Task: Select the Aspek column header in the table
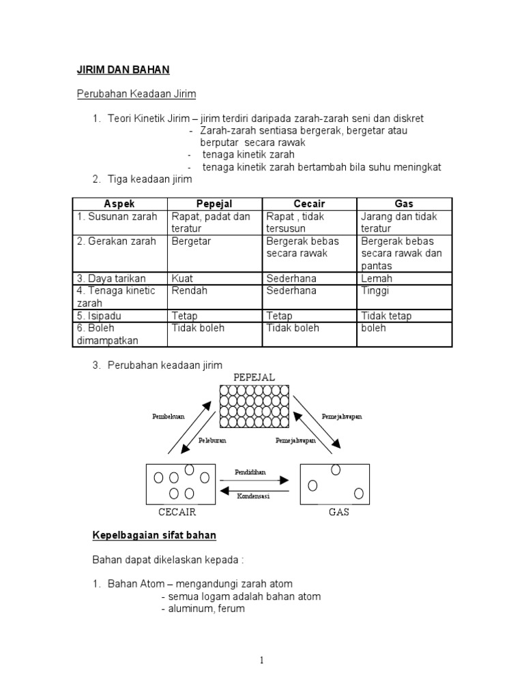click(x=120, y=204)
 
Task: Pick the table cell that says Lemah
click(x=377, y=279)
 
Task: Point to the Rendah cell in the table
click(x=189, y=291)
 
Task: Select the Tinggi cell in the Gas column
click(x=375, y=291)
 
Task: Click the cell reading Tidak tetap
click(x=386, y=316)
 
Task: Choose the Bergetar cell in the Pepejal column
click(x=192, y=241)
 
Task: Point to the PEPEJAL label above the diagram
click(x=254, y=377)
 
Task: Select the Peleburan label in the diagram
click(x=212, y=441)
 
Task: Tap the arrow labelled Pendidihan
click(x=254, y=481)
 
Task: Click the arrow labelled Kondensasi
click(x=254, y=490)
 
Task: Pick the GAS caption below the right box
click(x=339, y=512)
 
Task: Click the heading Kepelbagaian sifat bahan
click(x=154, y=536)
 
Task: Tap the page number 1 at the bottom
click(x=262, y=659)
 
